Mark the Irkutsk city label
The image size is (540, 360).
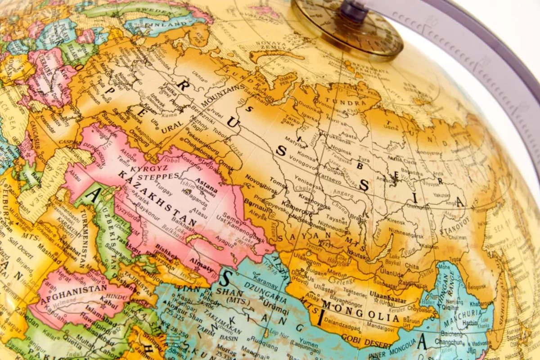355,254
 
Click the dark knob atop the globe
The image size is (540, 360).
353,10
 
